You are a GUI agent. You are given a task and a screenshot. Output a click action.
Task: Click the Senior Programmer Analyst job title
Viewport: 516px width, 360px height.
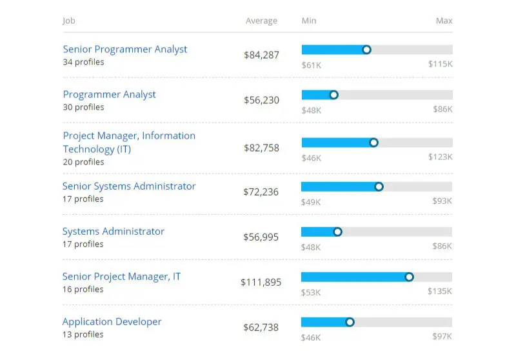point(125,50)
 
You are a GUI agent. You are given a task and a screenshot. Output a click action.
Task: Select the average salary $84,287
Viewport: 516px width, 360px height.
point(261,55)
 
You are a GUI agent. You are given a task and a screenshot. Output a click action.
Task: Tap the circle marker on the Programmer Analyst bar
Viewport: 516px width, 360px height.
point(333,95)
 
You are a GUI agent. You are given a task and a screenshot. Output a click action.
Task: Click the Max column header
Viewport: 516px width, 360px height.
point(444,21)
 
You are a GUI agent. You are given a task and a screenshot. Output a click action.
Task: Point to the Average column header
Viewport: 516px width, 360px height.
point(261,21)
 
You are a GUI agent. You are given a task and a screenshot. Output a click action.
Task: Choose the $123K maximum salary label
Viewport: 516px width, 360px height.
point(440,157)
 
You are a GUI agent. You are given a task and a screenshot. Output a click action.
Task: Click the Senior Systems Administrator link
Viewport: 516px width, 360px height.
point(129,186)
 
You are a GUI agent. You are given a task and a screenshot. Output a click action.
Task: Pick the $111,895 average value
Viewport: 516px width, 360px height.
point(261,283)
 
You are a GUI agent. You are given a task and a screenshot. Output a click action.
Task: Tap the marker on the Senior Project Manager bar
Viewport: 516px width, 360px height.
point(409,277)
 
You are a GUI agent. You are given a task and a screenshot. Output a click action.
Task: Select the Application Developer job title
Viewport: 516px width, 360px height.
point(112,322)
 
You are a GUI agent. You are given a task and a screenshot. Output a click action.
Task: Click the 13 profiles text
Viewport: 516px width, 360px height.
point(83,335)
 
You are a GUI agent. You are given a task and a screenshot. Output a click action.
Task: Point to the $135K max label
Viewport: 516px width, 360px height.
point(440,292)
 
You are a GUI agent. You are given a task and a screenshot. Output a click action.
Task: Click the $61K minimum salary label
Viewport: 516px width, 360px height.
point(311,65)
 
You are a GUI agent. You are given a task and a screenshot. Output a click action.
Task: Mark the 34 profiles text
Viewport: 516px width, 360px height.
point(83,63)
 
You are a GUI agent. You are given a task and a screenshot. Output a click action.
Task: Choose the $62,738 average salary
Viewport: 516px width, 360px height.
point(261,328)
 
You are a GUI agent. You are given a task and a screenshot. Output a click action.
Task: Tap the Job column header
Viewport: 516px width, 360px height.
point(69,21)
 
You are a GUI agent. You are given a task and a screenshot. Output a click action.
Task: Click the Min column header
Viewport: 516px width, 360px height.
point(309,21)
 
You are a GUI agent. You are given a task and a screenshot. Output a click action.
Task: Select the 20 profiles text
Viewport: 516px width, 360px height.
point(83,162)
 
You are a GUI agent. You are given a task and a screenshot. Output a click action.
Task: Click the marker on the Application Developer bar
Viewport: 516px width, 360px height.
point(350,322)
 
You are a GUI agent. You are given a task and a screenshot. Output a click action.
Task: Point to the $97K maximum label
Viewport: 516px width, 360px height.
point(442,337)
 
